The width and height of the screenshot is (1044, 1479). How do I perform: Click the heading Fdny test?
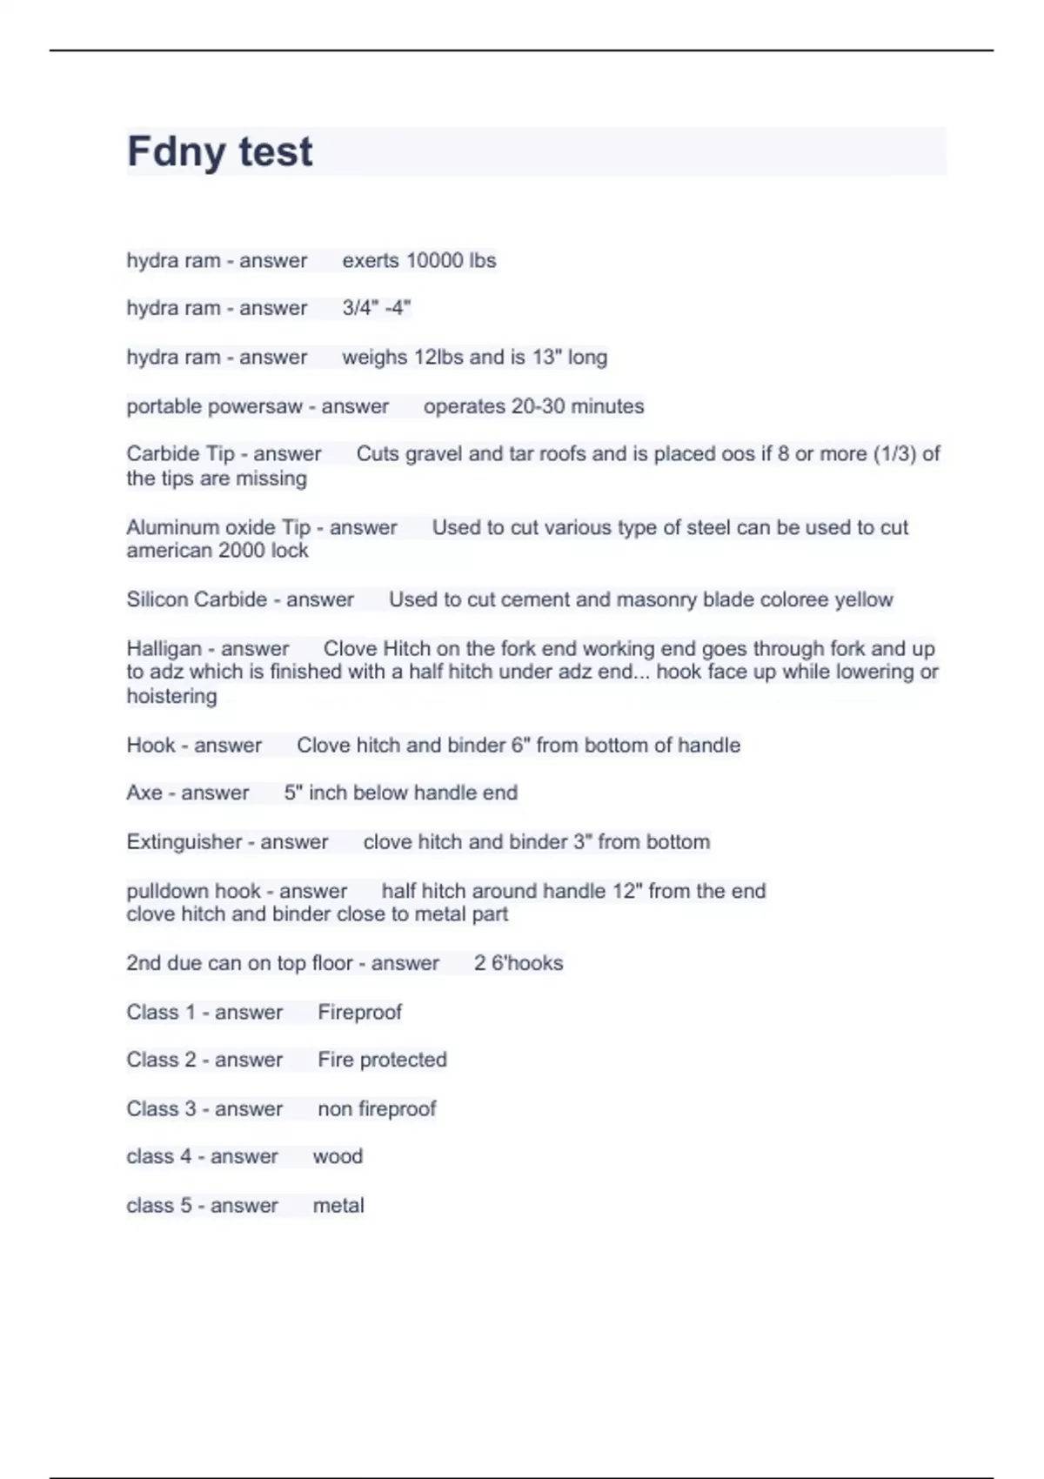(219, 151)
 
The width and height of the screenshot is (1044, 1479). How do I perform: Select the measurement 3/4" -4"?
(376, 308)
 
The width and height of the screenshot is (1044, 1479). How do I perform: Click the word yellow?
(863, 599)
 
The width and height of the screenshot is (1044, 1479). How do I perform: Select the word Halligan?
(164, 649)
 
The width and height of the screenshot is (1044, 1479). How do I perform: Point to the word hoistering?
(171, 696)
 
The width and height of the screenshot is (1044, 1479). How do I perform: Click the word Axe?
(144, 793)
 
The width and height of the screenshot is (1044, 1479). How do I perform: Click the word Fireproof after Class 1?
(359, 1012)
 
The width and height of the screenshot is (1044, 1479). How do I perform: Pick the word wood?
(338, 1156)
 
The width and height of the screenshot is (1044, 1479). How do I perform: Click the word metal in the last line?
(338, 1206)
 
